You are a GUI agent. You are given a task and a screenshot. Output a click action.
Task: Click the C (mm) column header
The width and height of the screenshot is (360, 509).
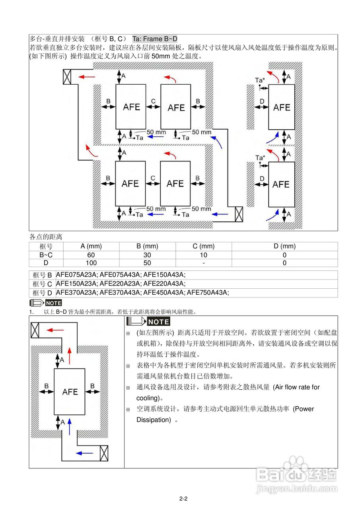(x=203, y=247)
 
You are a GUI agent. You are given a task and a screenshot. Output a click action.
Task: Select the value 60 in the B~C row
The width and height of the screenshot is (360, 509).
(x=91, y=255)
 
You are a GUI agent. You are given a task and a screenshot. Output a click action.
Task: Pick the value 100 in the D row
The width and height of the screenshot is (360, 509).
(x=91, y=263)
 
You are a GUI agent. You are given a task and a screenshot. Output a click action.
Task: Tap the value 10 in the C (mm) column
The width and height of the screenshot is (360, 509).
(x=203, y=255)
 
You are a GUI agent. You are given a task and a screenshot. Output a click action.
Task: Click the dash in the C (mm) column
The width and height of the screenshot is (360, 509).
(x=203, y=263)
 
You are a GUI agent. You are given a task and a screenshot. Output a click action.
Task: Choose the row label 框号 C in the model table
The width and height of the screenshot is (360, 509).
(x=42, y=284)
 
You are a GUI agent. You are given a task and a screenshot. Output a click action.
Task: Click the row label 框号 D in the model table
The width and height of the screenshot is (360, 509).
(x=42, y=293)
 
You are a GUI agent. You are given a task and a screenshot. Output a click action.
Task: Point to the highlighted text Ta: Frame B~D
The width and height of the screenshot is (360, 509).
(x=155, y=39)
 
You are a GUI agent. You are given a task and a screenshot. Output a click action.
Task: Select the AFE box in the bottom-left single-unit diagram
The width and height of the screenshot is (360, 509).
(x=70, y=392)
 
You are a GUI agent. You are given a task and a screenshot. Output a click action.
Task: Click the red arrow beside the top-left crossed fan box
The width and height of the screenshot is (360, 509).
(x=86, y=76)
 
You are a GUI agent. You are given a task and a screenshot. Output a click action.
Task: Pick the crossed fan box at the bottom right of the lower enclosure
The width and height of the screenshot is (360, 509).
(x=239, y=214)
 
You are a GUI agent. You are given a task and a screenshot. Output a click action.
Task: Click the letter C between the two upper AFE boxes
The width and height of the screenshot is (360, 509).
(x=153, y=101)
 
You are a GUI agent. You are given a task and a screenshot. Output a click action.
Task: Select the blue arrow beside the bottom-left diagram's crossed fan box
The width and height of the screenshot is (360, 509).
(x=84, y=453)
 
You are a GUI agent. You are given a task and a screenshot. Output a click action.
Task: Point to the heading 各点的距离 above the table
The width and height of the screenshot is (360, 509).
(x=46, y=237)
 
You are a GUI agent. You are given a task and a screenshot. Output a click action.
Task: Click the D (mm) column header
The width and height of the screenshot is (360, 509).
(x=284, y=247)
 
